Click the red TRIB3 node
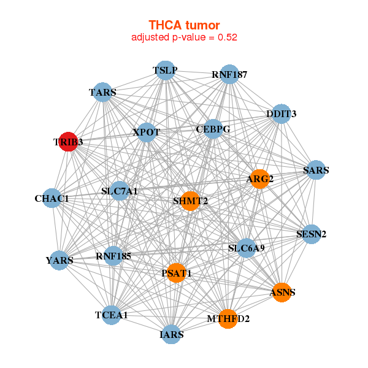click(68, 142)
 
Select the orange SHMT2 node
click(191, 201)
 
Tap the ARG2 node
click(259, 178)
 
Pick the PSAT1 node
click(177, 273)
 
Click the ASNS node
click(282, 292)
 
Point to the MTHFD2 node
click(228, 318)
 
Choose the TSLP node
click(165, 71)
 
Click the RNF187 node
click(229, 75)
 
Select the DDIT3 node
click(281, 113)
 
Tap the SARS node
click(316, 170)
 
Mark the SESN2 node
click(312, 234)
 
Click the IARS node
click(172, 334)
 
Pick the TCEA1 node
click(112, 315)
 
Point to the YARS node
click(59, 260)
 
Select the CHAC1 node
click(52, 199)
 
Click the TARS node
click(102, 93)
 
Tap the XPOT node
click(146, 132)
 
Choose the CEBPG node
click(213, 129)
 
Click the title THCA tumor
click(184, 25)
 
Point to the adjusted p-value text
click(184, 37)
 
